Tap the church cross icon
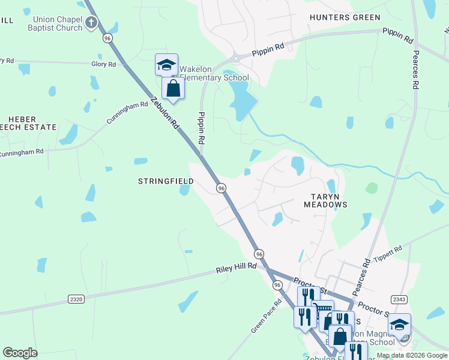[x=91, y=23]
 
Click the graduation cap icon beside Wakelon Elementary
[x=166, y=65]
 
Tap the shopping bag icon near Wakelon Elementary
[x=173, y=88]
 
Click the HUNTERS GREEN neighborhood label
[x=345, y=17]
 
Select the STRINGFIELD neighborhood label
[x=166, y=181]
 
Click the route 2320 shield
[x=76, y=298]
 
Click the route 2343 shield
[x=399, y=299]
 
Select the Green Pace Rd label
[x=267, y=316]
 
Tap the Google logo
[x=20, y=353]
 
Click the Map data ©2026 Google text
[x=411, y=355]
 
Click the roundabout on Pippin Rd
[x=235, y=58]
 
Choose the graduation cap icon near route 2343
[x=399, y=325]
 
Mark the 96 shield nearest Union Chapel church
[x=107, y=37]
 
